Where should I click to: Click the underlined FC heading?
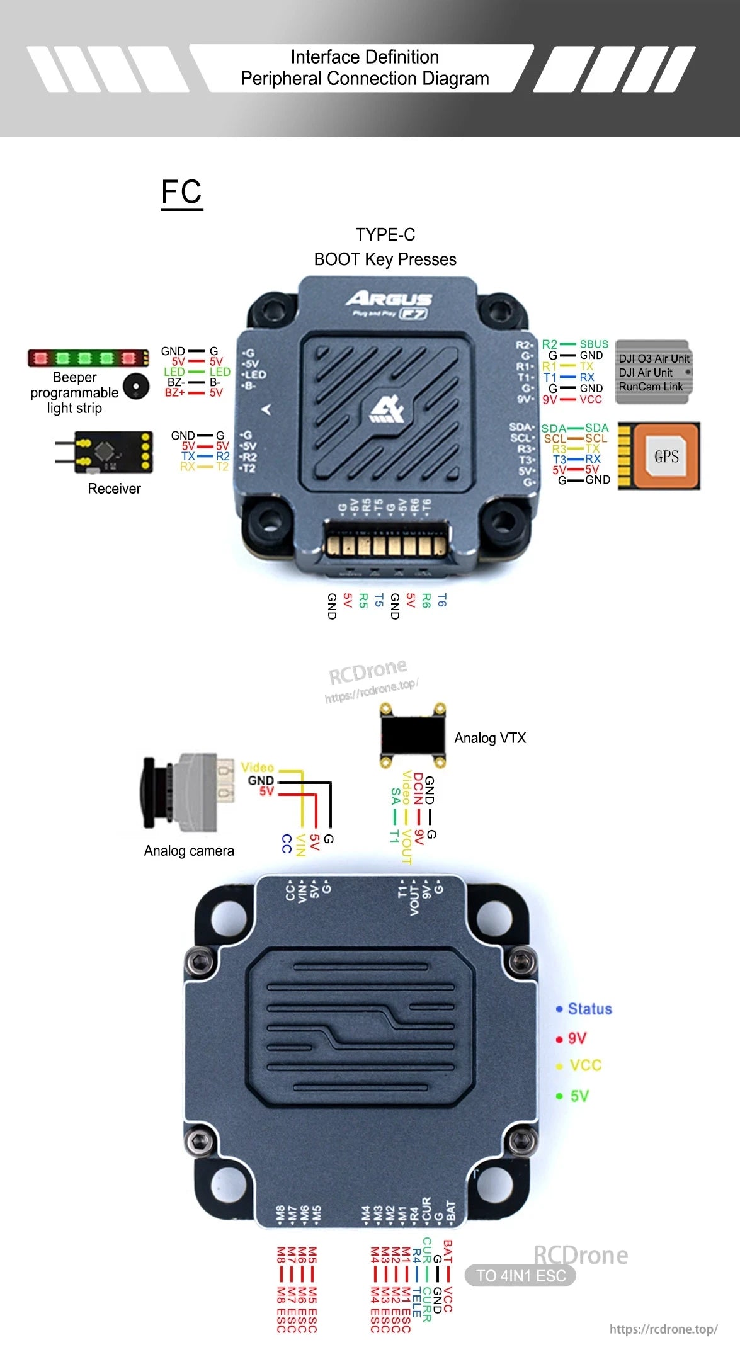pos(181,192)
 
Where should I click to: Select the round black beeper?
pos(136,385)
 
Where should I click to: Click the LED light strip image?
pos(88,358)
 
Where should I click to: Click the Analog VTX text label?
pos(490,738)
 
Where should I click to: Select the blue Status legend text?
pos(589,1009)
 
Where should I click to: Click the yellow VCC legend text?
pos(585,1065)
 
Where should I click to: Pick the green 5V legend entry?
pos(579,1096)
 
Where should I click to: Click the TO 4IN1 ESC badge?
pos(520,1276)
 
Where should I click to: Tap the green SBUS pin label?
pos(593,344)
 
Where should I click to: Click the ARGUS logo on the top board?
pos(389,298)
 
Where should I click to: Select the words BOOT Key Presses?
pos(385,259)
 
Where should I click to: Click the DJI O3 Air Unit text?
pos(654,359)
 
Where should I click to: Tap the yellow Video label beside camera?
pos(257,768)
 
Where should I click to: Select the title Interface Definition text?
pos(365,57)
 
